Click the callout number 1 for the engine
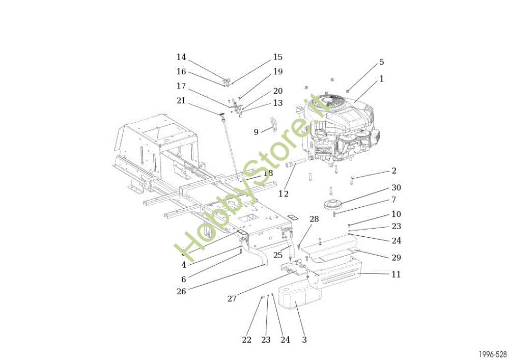[381, 79]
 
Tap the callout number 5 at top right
[381, 62]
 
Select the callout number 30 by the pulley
[396, 188]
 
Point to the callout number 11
[396, 274]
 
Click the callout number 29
[396, 258]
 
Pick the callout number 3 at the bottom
[304, 340]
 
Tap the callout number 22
[246, 340]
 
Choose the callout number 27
[232, 299]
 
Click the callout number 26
[181, 291]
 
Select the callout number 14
[181, 57]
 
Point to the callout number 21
[181, 101]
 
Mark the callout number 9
[256, 132]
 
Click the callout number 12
[284, 194]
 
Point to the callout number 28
[314, 219]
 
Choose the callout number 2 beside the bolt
[394, 171]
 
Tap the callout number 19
[277, 72]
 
